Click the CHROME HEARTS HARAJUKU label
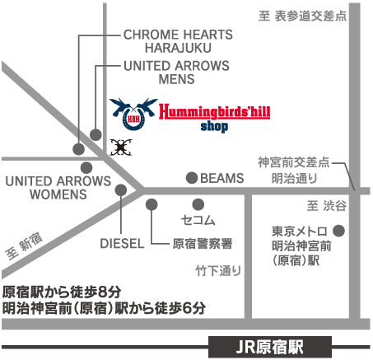click(178, 41)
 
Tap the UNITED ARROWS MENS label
click(176, 72)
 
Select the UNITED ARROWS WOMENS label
click(58, 188)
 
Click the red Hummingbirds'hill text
click(215, 111)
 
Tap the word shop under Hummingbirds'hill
click(214, 127)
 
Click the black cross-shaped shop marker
click(121, 147)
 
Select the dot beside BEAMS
click(192, 178)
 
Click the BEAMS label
click(222, 178)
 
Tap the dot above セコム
click(198, 204)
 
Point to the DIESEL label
click(122, 244)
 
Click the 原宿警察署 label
click(203, 244)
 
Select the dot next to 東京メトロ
click(338, 231)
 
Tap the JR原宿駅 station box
click(270, 347)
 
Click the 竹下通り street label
click(218, 271)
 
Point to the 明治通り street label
click(294, 178)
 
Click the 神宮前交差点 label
click(293, 162)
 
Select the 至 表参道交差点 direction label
click(302, 16)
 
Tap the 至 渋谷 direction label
click(327, 206)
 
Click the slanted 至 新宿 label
click(24, 246)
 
